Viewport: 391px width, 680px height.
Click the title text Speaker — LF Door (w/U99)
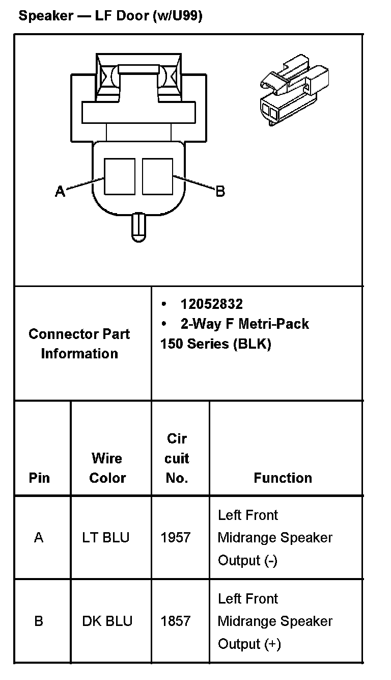(110, 16)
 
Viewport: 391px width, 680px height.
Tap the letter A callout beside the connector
(60, 192)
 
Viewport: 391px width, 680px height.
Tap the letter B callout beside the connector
(220, 192)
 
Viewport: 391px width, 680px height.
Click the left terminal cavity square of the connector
(120, 176)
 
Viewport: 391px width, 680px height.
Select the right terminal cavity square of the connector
(158, 176)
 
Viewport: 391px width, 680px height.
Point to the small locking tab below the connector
(138, 227)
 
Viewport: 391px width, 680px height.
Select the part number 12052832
(211, 304)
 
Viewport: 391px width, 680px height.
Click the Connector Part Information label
(79, 344)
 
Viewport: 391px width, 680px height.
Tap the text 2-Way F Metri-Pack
(244, 324)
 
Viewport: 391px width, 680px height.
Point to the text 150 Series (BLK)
(216, 344)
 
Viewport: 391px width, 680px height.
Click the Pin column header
(40, 478)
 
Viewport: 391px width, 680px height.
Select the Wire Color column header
(107, 468)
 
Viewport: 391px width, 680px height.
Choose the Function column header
(283, 478)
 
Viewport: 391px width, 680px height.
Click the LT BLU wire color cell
(106, 537)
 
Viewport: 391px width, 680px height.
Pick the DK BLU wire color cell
(107, 621)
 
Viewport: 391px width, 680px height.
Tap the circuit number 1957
(176, 537)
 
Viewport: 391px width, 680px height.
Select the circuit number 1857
(176, 621)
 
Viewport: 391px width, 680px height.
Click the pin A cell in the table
(39, 537)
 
